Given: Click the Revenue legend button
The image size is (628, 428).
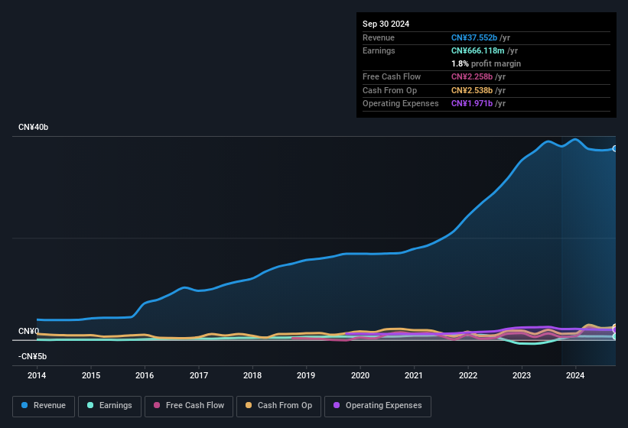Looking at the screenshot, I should [44, 406].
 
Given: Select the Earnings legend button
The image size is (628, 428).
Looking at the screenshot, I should [109, 406].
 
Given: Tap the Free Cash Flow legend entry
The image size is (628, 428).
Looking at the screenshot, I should [189, 406].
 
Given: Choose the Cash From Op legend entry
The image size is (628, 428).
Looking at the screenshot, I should [278, 406].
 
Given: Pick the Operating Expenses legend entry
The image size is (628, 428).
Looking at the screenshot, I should [378, 406].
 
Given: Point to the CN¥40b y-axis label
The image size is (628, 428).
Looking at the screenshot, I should [34, 127].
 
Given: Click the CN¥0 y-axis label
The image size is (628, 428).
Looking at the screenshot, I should [28, 331].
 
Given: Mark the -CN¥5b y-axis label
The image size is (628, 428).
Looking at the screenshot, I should [33, 356].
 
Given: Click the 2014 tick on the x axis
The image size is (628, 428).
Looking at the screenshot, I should [37, 375].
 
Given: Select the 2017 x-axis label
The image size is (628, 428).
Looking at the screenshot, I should [199, 375].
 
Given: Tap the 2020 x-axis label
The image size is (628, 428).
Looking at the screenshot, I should [360, 375].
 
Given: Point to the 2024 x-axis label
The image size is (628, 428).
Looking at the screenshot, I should [575, 375].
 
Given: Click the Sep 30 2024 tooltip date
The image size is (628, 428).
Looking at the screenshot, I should [386, 24].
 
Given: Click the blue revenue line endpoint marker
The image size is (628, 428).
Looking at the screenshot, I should [615, 148].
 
